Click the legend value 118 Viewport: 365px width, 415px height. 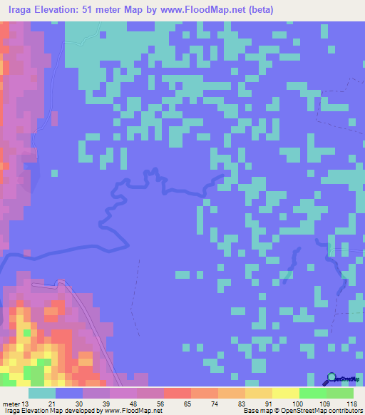pos(351,404)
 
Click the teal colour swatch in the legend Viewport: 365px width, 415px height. pos(42,393)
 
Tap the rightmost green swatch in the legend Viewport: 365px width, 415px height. pos(340,393)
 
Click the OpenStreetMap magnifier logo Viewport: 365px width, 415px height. pos(332,380)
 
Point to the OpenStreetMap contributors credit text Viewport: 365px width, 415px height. pos(322,411)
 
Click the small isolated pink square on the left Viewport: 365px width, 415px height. pos(54,172)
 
